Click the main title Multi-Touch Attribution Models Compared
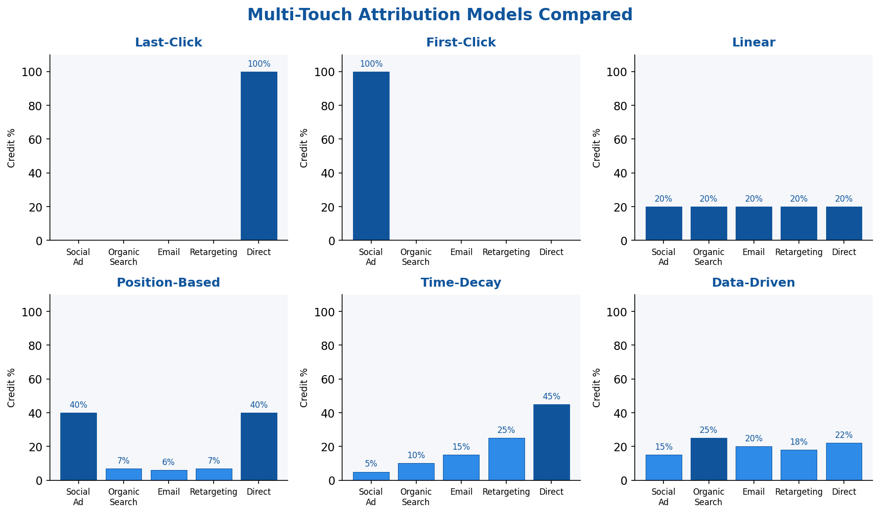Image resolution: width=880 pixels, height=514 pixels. [440, 15]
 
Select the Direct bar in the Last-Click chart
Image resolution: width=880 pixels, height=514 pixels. [259, 156]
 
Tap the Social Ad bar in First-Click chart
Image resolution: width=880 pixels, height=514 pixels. [371, 156]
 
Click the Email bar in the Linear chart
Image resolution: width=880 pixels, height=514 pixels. [753, 223]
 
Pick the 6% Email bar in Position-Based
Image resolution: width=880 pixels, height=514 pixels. [169, 475]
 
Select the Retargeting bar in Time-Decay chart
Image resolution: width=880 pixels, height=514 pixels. [506, 459]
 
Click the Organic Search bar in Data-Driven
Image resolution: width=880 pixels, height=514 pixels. [708, 459]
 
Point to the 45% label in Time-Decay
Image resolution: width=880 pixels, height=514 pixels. [551, 397]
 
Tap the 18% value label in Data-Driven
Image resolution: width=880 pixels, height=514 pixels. [798, 442]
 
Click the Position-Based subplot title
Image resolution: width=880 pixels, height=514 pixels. [168, 283]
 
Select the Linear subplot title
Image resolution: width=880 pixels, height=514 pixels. [753, 43]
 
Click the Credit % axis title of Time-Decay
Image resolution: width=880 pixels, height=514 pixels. [304, 387]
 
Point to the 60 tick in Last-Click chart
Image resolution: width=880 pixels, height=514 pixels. [36, 139]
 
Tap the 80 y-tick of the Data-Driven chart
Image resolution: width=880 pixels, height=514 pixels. [620, 345]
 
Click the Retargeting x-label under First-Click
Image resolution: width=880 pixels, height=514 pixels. [506, 252]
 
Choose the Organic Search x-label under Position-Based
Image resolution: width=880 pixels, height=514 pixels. [124, 497]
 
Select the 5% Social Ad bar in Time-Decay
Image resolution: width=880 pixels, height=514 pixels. [371, 476]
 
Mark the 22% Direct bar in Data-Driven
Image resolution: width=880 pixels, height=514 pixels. [843, 462]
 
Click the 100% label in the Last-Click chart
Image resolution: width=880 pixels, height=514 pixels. [259, 64]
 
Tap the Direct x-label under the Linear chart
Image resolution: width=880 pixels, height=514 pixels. [843, 252]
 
